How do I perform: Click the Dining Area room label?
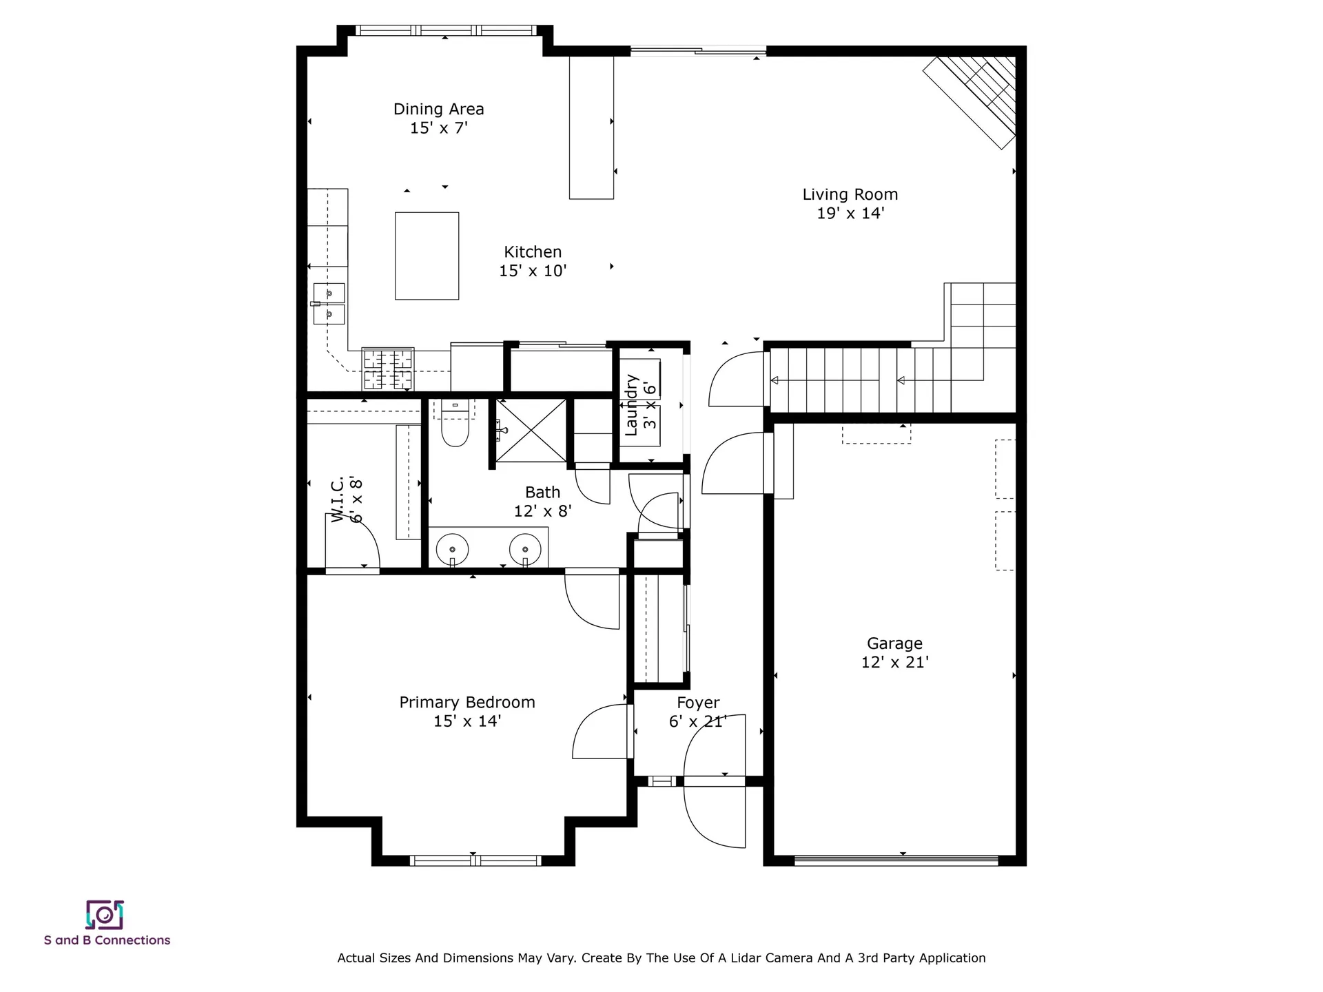[438, 118]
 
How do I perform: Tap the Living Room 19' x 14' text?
[850, 204]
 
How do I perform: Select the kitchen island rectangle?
[427, 256]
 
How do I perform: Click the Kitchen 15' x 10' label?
[533, 261]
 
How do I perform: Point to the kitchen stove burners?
[388, 369]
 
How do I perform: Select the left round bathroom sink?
[452, 550]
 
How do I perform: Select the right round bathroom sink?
[525, 550]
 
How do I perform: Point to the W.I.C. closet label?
[347, 499]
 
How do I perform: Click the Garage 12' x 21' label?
[894, 652]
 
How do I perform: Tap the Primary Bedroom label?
[467, 712]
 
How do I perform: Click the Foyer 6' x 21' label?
[697, 712]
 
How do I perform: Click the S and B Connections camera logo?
[105, 915]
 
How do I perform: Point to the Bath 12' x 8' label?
[542, 502]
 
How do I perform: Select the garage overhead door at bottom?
[896, 860]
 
